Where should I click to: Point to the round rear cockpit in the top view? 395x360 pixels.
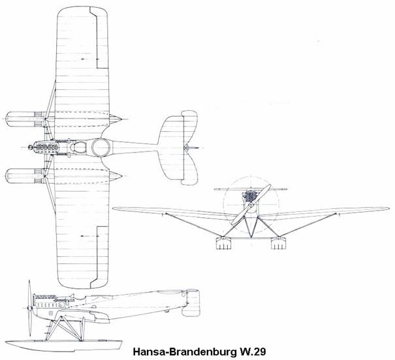pyautogui.click(x=103, y=149)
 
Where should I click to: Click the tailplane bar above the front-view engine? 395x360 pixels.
pyautogui.click(x=247, y=188)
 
